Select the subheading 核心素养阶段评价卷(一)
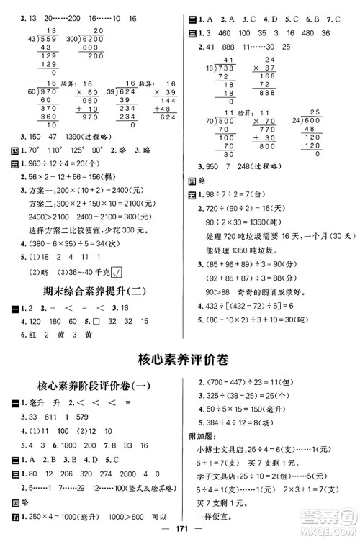[x=94, y=385]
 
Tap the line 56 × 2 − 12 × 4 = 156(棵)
[x=71, y=179]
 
